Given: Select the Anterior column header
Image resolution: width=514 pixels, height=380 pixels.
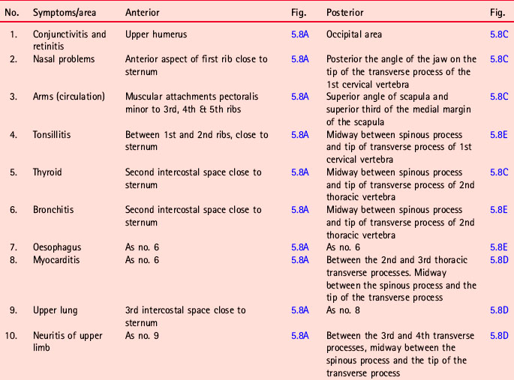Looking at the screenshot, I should pos(143,13).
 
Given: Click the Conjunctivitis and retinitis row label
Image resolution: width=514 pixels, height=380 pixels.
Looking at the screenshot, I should pos(70,40).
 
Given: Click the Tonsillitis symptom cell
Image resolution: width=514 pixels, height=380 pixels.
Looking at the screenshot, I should pos(53,135).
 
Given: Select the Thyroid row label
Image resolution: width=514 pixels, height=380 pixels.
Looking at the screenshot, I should pos(47,172).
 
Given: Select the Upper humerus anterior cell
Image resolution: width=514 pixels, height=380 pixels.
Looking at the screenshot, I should pos(155,34).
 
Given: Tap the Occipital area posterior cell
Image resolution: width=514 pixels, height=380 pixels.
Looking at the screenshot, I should pos(354,34).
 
